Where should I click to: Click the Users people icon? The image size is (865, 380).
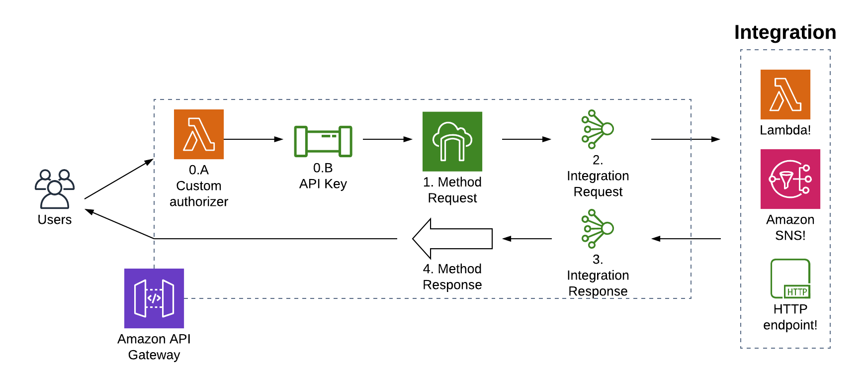coord(55,189)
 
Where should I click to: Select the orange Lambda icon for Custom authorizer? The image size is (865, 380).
coord(198,134)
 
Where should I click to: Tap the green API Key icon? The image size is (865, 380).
coord(323,141)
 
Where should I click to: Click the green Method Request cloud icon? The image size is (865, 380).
coord(452,141)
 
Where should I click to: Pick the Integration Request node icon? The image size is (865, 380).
coord(598,129)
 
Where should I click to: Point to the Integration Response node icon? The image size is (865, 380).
coord(598,229)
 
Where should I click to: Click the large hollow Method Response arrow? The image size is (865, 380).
coord(452,239)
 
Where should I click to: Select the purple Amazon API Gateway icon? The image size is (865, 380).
coord(154,298)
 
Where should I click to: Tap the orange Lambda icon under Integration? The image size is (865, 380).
coord(785,95)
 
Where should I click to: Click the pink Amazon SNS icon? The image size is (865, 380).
coord(790,179)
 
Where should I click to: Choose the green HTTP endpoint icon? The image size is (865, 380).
coord(790,279)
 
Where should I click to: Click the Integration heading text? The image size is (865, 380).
coord(785,32)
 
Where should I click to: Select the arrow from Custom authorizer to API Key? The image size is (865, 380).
coord(253,139)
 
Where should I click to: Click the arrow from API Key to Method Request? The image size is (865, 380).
coord(387,139)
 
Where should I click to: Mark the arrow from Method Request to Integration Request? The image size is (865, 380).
coord(526,139)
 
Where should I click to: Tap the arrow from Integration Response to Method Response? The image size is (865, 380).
coord(526,239)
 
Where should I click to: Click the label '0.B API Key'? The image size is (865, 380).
coord(323,176)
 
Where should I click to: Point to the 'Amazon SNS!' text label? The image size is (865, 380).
coord(790,227)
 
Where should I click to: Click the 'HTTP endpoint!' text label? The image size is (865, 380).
coord(790,317)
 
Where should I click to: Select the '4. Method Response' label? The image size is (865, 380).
coord(452,277)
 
